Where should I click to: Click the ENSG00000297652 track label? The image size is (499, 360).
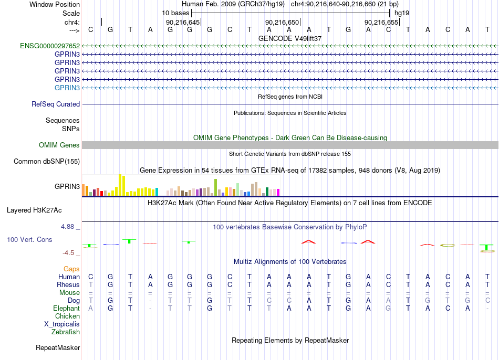tap(50, 46)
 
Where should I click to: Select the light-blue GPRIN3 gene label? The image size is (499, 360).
tap(67, 88)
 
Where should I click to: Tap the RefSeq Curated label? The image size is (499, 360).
tap(56, 104)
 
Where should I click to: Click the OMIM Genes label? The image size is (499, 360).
tap(59, 145)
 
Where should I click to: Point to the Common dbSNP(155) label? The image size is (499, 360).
tap(47, 162)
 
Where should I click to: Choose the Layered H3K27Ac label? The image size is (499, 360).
tap(34, 210)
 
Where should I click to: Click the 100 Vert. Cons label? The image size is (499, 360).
tap(29, 239)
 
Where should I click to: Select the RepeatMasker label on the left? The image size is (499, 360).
tap(58, 347)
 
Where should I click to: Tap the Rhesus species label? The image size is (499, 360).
tap(68, 284)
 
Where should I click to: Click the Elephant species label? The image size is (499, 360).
tap(67, 308)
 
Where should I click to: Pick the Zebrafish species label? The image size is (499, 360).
tap(66, 332)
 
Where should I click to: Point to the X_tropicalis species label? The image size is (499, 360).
tap(62, 324)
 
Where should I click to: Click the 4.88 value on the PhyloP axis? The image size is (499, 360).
tap(67, 227)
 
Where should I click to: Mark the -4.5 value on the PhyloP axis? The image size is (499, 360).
tap(68, 253)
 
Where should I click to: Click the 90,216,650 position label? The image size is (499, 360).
tap(282, 22)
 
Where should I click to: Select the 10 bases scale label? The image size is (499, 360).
tap(175, 13)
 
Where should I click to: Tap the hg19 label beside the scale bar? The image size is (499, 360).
tap(402, 13)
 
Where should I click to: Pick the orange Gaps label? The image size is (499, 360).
tap(71, 269)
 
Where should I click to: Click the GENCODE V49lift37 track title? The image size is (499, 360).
tap(290, 38)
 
